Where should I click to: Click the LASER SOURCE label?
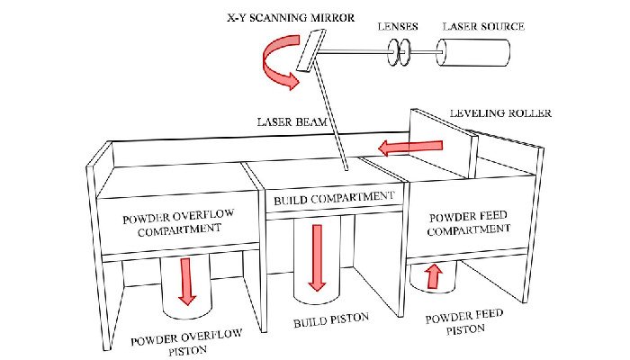tap(482, 27)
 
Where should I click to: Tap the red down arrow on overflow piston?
tap(186, 280)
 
